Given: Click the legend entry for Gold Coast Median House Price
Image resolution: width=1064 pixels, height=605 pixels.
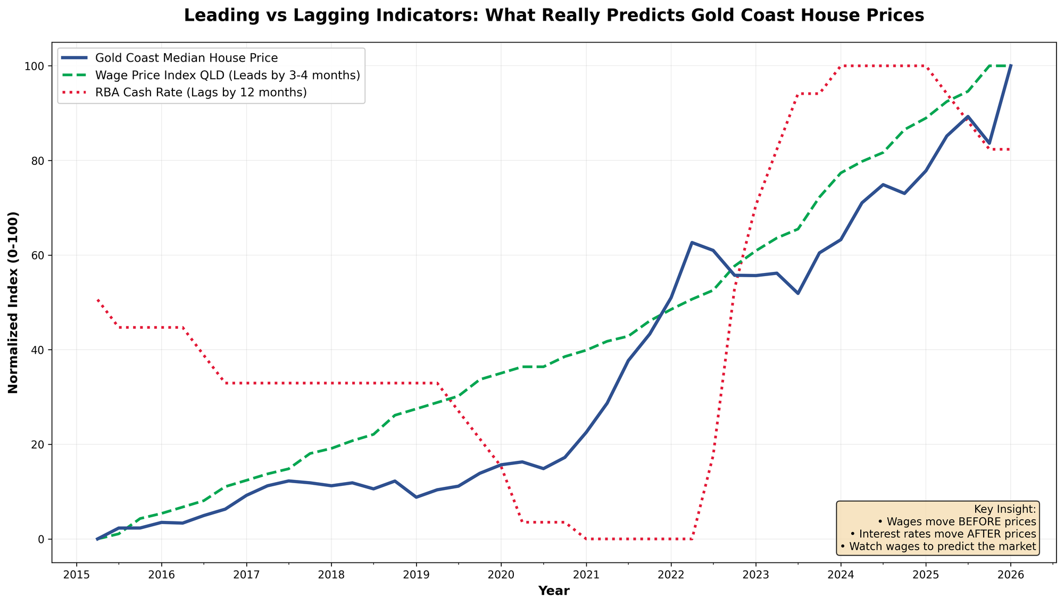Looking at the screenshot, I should [186, 57].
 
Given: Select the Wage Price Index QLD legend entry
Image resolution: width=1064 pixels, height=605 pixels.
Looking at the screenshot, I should [227, 75].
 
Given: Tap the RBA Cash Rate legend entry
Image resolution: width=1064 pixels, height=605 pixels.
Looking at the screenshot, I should [201, 93].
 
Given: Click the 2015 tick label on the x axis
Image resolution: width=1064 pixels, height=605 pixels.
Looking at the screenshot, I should [76, 576].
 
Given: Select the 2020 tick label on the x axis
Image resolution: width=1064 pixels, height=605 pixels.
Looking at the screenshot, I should [501, 576].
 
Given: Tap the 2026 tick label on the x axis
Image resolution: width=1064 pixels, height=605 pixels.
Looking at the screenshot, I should [1010, 576].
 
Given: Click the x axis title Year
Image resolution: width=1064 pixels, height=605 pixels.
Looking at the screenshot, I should [553, 591].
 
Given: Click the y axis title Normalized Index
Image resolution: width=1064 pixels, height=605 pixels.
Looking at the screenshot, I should [14, 302].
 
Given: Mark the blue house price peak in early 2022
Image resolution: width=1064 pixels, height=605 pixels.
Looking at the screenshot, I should [692, 243].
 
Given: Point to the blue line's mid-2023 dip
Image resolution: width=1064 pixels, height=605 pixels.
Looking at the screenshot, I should [797, 293].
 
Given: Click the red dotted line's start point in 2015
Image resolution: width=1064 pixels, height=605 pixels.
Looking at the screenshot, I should [98, 300].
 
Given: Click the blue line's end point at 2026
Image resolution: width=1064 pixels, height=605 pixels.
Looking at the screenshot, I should [1010, 66].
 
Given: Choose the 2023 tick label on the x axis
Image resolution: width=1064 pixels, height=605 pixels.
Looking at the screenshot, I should [755, 576].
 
